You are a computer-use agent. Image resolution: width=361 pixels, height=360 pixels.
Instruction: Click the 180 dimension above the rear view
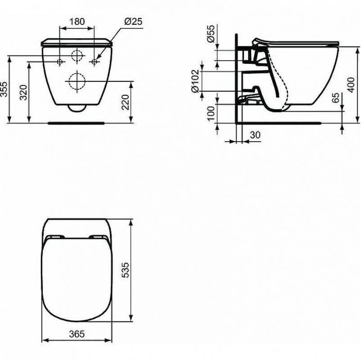[x=77, y=22]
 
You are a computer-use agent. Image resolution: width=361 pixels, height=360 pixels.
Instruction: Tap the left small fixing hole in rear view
[x=60, y=62]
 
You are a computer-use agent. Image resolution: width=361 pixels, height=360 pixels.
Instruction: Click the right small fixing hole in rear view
[x=94, y=62]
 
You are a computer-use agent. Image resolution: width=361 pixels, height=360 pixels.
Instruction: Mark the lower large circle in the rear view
[x=76, y=80]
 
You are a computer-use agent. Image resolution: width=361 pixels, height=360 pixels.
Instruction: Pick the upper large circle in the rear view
[x=77, y=56]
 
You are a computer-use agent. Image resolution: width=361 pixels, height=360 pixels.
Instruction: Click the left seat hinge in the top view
[x=55, y=237]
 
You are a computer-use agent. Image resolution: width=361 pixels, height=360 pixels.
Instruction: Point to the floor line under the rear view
[x=77, y=123]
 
